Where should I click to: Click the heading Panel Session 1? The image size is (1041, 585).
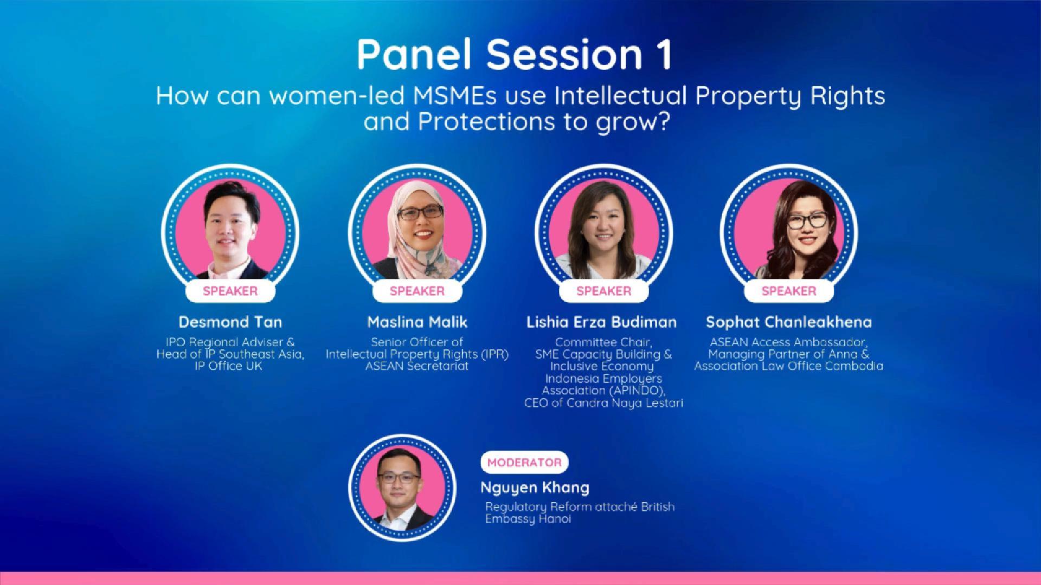[x=515, y=54]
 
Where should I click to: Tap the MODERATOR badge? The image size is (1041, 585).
[x=524, y=462]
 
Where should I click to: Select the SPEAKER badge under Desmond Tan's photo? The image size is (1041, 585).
[x=230, y=291]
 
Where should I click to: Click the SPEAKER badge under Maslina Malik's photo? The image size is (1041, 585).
[x=417, y=291]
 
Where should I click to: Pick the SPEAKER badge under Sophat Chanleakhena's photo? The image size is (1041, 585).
[x=789, y=291]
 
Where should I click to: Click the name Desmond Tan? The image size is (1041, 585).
[x=230, y=322]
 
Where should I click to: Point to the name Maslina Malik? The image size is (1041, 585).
[x=417, y=322]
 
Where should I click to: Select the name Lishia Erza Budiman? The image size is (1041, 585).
[x=602, y=322]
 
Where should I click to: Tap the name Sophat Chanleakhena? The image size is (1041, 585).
[x=789, y=322]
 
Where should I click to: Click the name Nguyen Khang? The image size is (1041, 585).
[x=535, y=487]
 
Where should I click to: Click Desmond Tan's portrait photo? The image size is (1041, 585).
[x=230, y=233]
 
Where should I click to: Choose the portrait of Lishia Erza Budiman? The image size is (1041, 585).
[x=603, y=233]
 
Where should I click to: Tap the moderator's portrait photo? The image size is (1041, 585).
[x=402, y=487]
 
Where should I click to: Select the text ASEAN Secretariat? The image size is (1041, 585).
[x=417, y=366]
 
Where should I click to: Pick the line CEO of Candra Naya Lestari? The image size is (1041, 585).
[x=603, y=403]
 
